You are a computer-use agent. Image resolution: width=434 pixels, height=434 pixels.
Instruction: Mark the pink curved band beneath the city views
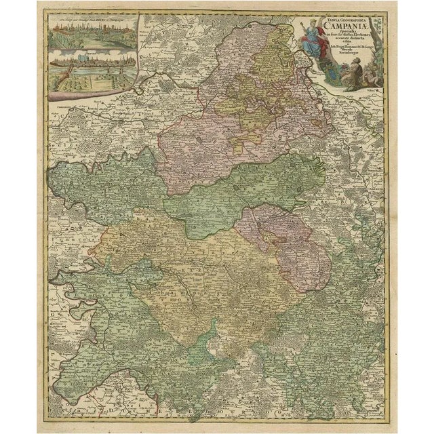[95, 99]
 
